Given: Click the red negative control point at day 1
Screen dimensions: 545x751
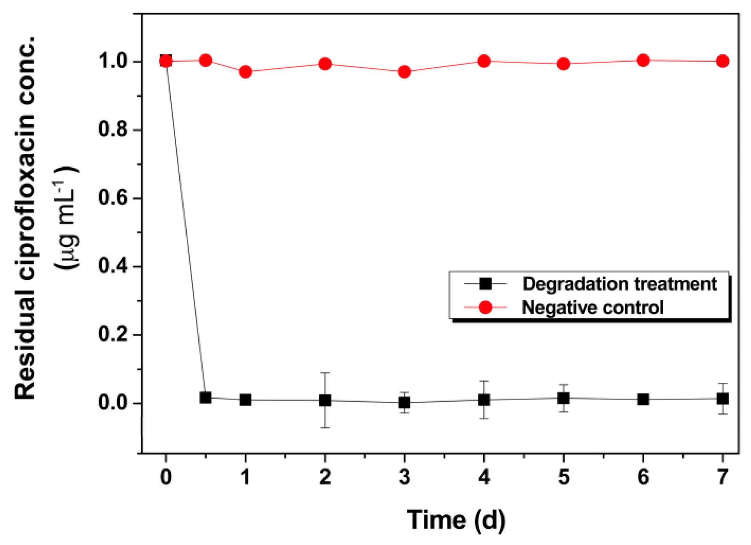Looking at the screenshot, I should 245,72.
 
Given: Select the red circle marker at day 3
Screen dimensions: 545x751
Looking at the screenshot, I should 404,72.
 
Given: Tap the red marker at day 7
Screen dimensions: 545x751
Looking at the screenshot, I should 722,61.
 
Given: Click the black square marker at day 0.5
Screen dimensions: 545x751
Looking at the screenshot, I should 205,397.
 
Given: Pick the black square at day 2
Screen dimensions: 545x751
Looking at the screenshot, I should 324,400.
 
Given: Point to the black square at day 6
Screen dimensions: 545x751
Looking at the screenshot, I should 643,399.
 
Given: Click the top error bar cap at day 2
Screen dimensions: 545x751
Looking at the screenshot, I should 324,373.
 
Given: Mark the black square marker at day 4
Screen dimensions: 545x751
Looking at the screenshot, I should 484,400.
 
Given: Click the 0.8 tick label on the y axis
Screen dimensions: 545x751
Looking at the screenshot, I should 113,129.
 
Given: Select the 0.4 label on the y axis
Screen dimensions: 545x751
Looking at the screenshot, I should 113,266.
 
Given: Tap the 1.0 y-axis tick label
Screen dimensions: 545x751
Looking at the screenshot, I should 113,61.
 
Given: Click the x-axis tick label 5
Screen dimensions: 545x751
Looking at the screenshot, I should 563,477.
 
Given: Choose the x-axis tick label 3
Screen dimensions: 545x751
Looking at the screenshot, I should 404,477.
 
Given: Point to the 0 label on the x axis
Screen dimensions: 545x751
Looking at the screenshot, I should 166,477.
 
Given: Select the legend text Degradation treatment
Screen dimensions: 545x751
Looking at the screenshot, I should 619,284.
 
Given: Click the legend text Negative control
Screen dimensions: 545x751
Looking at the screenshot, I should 592,307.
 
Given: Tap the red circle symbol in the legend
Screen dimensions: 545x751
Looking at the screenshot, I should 485,307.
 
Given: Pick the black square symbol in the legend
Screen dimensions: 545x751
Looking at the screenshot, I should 485,284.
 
